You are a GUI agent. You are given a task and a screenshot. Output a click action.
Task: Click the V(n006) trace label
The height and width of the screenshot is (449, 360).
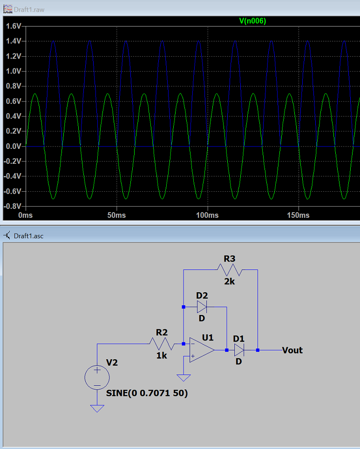coord(252,21)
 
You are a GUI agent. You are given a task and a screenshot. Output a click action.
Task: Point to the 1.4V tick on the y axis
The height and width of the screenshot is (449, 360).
coord(14,41)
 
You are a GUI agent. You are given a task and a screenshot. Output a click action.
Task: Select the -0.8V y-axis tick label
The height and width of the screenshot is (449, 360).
coord(13,206)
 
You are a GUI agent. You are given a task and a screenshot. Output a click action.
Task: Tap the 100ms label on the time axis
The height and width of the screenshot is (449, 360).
coord(207,215)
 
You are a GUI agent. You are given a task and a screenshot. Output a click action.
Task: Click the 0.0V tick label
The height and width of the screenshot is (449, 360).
coord(14,146)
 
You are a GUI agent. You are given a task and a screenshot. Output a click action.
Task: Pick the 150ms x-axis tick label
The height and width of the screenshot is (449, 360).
coord(298,215)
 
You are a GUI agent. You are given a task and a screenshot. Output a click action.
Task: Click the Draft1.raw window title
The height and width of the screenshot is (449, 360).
coord(29,9)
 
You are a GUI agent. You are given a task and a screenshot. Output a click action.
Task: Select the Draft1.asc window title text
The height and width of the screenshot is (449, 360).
coord(29,236)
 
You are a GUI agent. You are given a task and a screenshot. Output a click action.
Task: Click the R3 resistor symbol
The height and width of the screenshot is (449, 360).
coord(230,270)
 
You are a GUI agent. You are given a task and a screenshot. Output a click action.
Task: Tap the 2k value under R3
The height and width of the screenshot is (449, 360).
coord(229,281)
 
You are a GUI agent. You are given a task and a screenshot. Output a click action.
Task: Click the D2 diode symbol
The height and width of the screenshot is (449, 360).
coord(202,307)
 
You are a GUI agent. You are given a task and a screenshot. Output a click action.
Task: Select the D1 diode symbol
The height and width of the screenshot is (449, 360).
coord(239,350)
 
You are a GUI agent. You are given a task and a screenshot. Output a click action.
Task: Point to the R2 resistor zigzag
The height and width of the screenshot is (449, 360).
coord(162,344)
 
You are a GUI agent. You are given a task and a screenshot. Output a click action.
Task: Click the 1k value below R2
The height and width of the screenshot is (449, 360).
coord(162,355)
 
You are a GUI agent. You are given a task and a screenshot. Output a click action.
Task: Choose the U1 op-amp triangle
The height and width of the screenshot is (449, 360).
coord(202,350)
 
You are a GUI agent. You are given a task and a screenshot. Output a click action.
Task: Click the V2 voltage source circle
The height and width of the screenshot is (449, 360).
coord(97,377)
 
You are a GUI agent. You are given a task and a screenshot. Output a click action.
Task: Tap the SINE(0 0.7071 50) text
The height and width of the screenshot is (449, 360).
coord(147,393)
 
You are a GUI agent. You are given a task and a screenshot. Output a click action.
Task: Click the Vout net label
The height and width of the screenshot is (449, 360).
coord(292,350)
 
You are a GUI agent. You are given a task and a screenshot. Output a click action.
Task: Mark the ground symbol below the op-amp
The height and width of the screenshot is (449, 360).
coord(184,378)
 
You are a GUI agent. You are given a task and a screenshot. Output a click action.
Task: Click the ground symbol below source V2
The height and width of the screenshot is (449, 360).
coord(97,409)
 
